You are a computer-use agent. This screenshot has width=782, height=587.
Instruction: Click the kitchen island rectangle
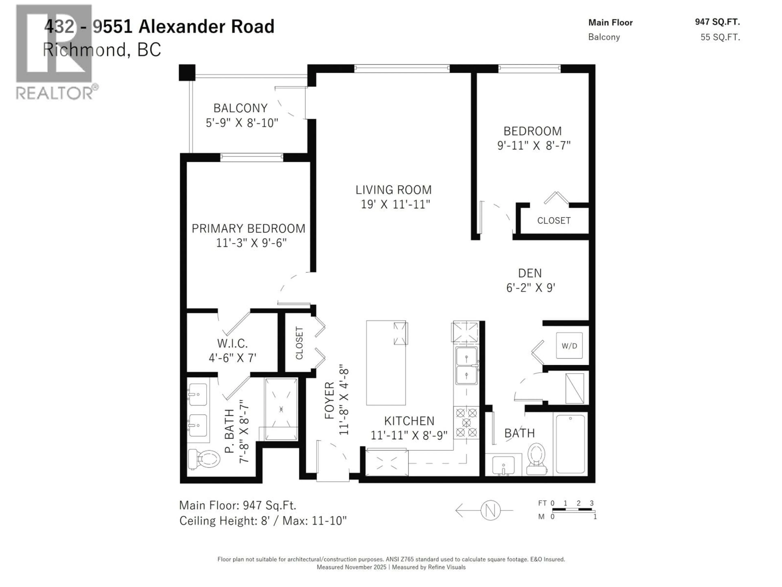386,362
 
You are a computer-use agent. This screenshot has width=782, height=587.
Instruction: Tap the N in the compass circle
490,510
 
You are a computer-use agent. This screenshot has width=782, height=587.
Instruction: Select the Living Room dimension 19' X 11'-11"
395,204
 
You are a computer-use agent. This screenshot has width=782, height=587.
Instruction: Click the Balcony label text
240,108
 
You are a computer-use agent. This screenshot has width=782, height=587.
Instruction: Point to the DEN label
530,273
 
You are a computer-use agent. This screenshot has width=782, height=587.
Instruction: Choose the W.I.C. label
232,343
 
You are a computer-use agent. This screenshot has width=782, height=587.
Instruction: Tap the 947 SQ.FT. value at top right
717,22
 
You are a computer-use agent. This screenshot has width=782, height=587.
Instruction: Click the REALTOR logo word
55,93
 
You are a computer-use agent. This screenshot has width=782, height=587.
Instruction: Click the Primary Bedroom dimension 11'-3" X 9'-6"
251,243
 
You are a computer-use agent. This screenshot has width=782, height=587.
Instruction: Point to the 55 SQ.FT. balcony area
720,37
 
